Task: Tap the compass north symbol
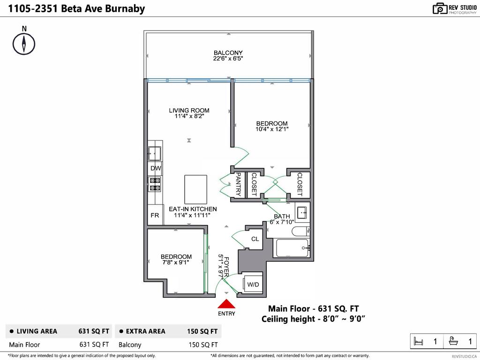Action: click(24, 44)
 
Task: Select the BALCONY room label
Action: click(228, 52)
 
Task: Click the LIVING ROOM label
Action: click(189, 111)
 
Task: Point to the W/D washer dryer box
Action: click(253, 285)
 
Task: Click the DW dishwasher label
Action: click(156, 168)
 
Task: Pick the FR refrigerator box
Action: click(155, 216)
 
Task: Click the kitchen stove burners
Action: click(155, 184)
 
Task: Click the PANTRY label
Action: click(238, 185)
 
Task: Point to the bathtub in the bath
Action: click(292, 247)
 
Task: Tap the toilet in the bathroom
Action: click(300, 231)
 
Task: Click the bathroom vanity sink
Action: click(302, 211)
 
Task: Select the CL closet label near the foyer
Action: click(255, 239)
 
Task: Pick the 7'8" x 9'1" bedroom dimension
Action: click(176, 262)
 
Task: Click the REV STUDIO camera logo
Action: click(440, 8)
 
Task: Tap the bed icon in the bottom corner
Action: click(419, 342)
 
